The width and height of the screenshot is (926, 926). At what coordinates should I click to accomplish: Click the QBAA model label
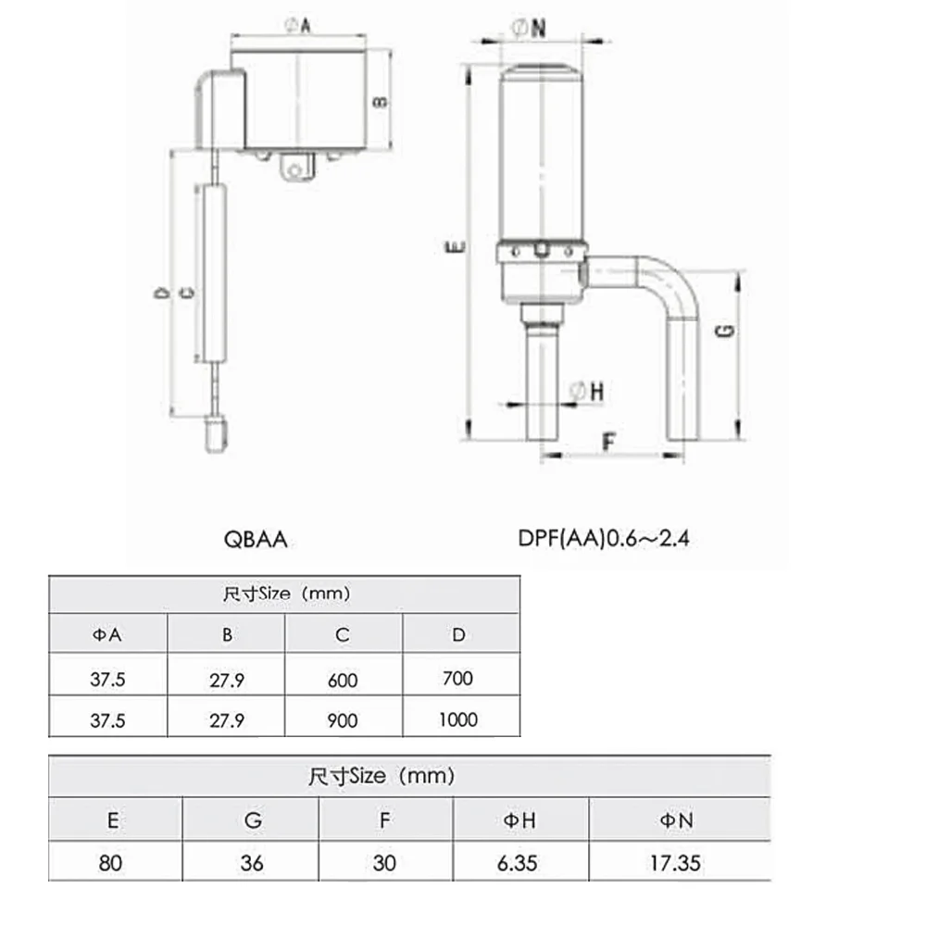point(256,539)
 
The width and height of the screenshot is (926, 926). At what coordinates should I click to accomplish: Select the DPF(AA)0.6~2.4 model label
point(604,538)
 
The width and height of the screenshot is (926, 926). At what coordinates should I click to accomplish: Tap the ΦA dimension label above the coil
point(297,25)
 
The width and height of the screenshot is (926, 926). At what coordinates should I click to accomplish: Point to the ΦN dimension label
point(528,28)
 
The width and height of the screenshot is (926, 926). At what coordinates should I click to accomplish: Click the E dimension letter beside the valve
point(455,247)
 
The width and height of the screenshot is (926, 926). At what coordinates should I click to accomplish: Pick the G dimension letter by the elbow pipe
point(725,332)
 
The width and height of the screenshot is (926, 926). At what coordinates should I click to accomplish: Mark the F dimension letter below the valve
point(609,441)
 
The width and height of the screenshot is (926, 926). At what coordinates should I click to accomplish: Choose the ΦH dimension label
point(586,391)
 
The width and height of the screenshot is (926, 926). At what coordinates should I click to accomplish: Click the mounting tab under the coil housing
point(297,167)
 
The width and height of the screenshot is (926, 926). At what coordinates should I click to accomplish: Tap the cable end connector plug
point(216,434)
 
